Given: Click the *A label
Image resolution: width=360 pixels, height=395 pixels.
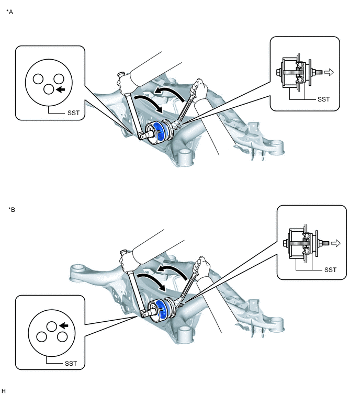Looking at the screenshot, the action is [9, 12].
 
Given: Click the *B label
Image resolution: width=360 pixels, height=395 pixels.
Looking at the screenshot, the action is [12, 210].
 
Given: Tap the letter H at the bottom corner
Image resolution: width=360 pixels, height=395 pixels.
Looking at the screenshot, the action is [3, 391].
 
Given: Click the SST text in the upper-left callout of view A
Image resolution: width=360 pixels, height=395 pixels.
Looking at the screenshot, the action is [73, 113].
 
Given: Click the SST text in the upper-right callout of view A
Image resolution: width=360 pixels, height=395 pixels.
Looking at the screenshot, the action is [323, 99].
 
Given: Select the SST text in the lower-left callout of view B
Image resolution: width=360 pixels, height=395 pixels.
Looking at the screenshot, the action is [71, 364].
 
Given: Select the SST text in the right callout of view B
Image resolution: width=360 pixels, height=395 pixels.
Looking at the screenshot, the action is [330, 270].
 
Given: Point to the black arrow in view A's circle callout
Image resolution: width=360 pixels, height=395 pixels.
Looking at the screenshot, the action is [60, 89].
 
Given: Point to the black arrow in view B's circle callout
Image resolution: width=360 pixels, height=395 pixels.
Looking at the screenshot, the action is [63, 326].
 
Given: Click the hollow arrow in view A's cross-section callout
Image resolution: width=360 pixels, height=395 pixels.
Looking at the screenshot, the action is [329, 72].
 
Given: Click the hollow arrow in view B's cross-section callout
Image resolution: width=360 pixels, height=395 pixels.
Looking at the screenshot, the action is [335, 243].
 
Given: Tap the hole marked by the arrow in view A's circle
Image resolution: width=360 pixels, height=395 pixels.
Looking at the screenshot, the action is [49, 89].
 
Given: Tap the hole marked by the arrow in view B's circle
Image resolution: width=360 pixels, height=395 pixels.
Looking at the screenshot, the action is [52, 326].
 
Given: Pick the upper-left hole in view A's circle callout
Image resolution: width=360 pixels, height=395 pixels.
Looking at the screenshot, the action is [38, 79].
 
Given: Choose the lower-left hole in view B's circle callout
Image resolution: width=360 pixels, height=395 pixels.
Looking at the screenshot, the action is [41, 337].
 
